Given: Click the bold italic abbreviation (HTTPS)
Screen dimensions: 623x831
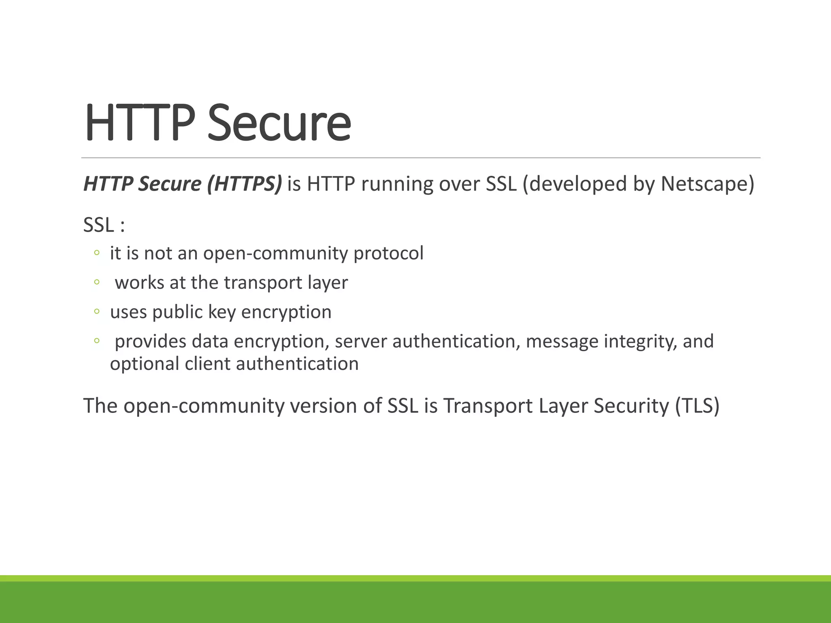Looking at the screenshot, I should point(244,184).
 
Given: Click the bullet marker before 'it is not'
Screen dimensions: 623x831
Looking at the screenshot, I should point(97,253).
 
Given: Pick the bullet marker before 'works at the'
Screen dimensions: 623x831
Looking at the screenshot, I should point(97,282).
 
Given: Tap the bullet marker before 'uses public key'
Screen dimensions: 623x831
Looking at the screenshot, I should point(97,311).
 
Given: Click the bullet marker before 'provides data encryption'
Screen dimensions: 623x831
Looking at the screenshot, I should point(97,341).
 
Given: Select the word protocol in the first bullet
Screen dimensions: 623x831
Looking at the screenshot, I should point(388,253).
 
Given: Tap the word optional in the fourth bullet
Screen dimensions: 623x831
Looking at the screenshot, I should point(144,364).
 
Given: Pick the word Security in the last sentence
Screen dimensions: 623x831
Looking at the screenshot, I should point(631,406).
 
